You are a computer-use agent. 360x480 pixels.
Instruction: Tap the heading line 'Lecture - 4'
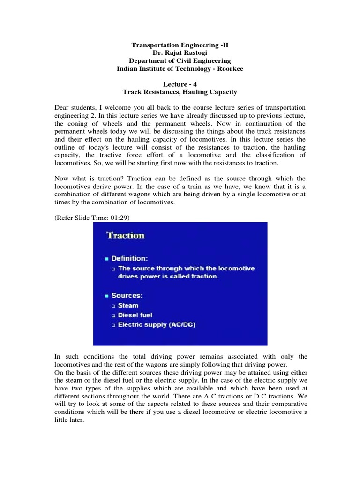point(180,85)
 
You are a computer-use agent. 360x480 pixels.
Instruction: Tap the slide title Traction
point(126,235)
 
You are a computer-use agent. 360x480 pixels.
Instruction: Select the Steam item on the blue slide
point(128,305)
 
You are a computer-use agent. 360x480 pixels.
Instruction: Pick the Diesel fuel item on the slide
point(135,315)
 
